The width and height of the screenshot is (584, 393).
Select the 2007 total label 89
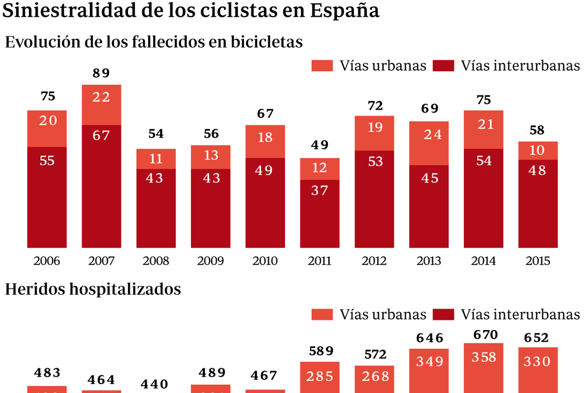(102, 74)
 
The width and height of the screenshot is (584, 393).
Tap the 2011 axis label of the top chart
(319, 261)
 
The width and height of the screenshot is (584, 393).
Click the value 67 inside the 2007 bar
(102, 135)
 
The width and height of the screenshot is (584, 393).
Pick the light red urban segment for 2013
(429, 143)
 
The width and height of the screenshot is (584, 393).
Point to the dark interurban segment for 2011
(319, 214)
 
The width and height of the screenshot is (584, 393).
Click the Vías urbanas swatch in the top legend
(322, 66)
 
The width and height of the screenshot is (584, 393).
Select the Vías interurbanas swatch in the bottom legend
(444, 314)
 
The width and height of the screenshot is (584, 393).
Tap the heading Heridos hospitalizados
(93, 289)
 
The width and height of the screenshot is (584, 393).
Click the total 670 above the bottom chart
(483, 335)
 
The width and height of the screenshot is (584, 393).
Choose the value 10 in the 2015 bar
(538, 150)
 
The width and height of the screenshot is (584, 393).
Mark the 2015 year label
(538, 261)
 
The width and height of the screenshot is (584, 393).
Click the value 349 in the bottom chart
(429, 362)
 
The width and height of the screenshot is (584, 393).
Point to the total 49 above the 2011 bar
(319, 145)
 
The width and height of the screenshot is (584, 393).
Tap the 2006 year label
(47, 261)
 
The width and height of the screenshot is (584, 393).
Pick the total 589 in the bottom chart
(319, 351)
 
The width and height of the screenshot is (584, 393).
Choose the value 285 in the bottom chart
(319, 377)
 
